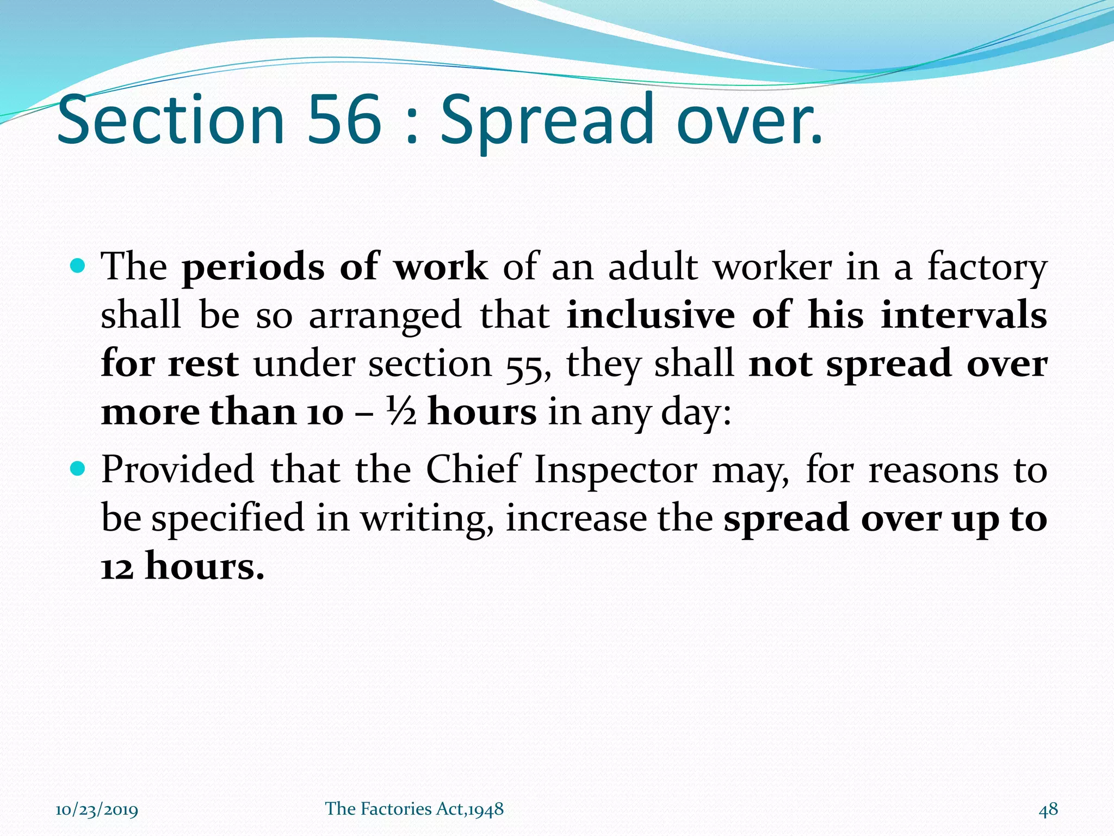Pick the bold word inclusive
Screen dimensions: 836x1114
coord(651,315)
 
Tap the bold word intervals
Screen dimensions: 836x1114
coord(963,315)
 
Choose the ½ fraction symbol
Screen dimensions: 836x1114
coord(401,412)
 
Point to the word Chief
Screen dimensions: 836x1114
coord(473,469)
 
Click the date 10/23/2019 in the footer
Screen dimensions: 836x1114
coord(97,810)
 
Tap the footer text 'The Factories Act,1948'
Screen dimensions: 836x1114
coord(414,809)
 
